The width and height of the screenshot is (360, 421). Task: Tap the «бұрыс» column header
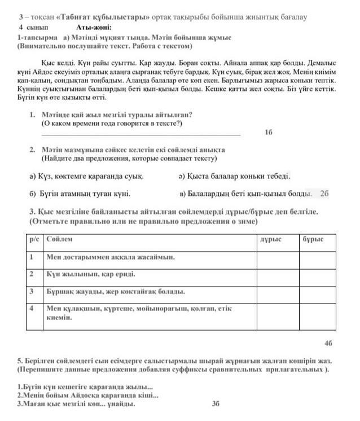click(x=313, y=239)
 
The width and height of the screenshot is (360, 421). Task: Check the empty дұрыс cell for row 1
click(x=278, y=257)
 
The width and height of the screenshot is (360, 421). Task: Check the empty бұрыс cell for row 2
click(x=321, y=275)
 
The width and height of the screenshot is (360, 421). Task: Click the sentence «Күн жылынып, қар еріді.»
click(x=91, y=275)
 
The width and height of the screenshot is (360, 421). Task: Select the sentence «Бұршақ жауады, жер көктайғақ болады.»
click(x=116, y=292)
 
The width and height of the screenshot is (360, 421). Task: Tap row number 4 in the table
click(x=33, y=309)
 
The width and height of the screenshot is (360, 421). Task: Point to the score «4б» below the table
click(x=328, y=343)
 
